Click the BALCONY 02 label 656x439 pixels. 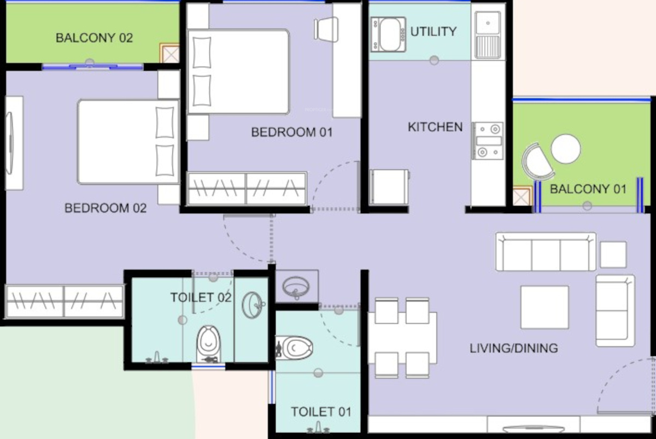(94, 38)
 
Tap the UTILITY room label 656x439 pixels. (434, 32)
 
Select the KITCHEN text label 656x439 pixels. (435, 127)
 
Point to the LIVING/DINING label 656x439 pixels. (514, 348)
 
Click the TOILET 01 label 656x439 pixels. (321, 412)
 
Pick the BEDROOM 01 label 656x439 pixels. (292, 132)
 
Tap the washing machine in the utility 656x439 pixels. (388, 34)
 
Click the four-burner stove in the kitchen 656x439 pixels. (488, 141)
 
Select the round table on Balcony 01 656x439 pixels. (566, 149)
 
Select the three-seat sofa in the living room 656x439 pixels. (546, 252)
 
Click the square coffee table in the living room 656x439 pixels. (544, 307)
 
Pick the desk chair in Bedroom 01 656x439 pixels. (326, 30)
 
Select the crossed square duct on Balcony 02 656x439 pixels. (170, 53)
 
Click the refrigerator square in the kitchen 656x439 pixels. (389, 187)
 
